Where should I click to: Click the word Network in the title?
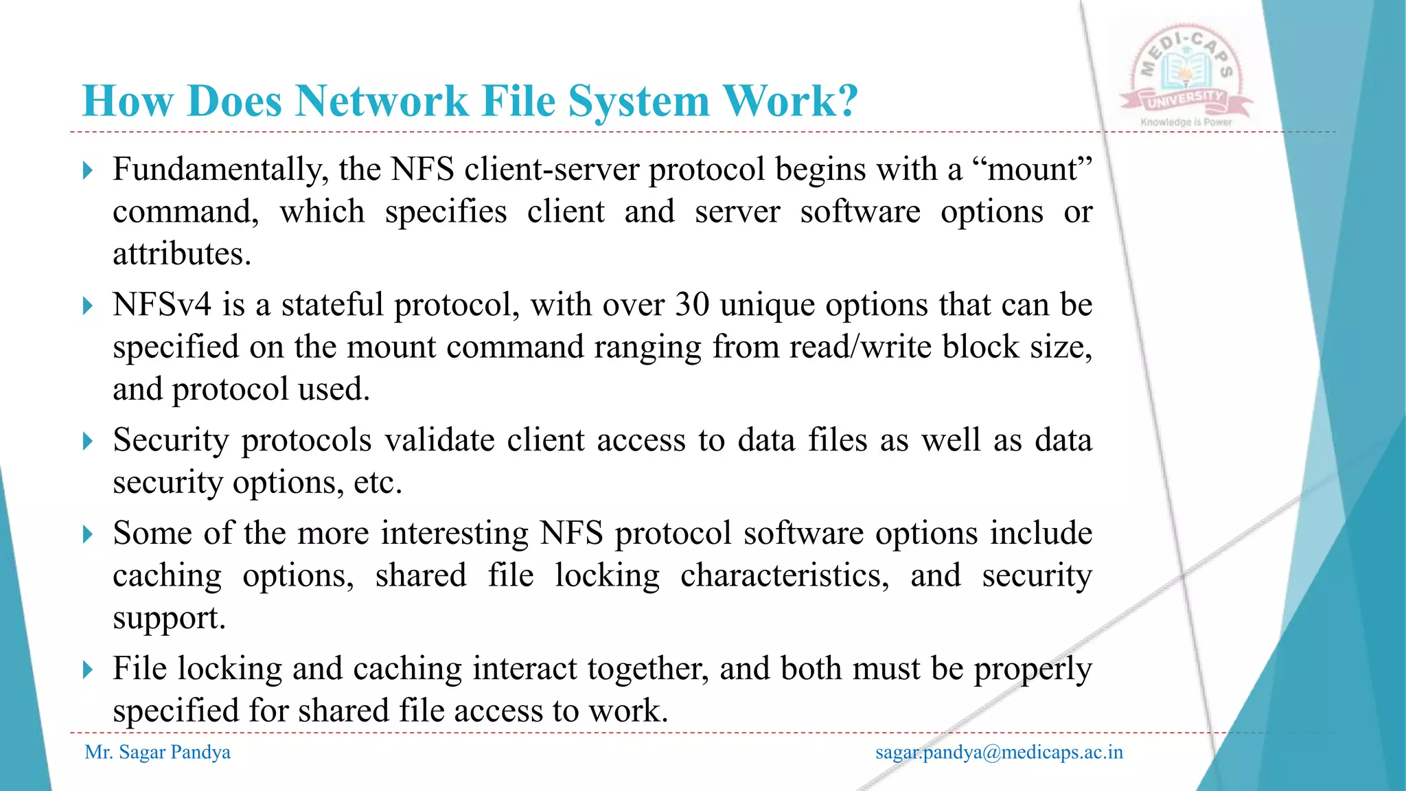381,102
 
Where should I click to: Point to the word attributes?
182,254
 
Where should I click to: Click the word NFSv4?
162,304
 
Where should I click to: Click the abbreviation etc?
378,482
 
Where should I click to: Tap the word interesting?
454,534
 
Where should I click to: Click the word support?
169,618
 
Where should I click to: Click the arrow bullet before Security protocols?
87,441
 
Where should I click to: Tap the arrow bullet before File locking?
87,669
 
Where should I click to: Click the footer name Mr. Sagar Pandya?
157,753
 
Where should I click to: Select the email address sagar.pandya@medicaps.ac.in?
999,753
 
